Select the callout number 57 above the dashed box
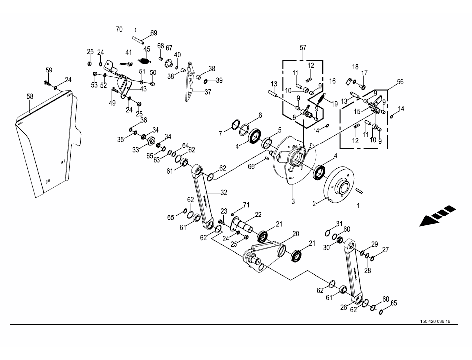coord(303,48)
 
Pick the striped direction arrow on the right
coord(437,216)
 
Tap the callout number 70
coord(119,30)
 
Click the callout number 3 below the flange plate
coord(293,201)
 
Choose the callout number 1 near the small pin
coord(359,205)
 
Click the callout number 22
coord(258,214)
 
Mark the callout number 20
coord(295,234)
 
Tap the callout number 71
coord(245,205)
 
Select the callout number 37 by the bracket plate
coord(208,91)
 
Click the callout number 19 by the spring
coord(334,103)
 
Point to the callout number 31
coord(339,223)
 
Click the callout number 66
coord(252,167)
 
